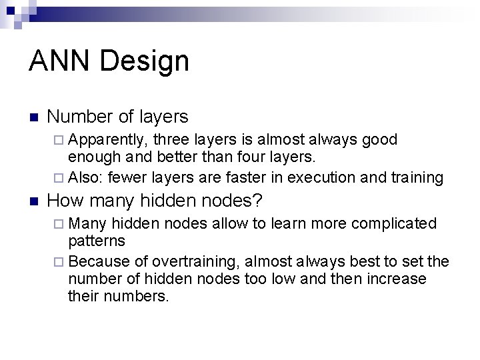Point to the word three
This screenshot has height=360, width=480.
171,139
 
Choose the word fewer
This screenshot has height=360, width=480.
128,177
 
